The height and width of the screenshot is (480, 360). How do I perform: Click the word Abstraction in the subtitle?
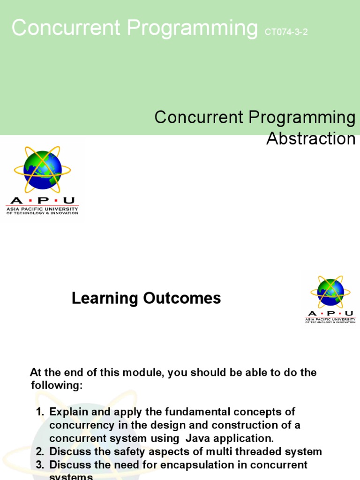point(311,139)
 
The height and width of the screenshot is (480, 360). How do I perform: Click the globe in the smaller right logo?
point(330,292)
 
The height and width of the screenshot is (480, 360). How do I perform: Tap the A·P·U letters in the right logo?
point(330,313)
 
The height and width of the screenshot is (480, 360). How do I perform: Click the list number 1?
point(39,412)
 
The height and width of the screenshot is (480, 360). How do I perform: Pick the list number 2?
point(39,452)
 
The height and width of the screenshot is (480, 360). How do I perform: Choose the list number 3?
point(39,465)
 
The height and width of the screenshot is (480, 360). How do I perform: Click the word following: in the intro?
point(56,386)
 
